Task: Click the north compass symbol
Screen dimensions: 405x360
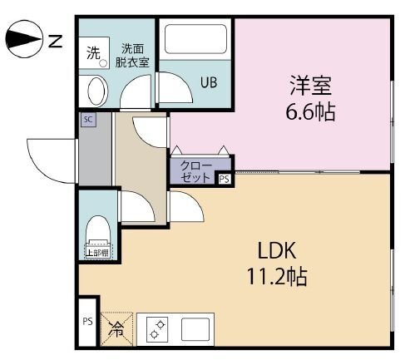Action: click(24, 39)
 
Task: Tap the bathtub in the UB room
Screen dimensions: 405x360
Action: click(195, 39)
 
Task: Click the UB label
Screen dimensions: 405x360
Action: click(209, 82)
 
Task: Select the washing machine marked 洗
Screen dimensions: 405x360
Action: click(94, 53)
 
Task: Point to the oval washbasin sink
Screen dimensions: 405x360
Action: click(97, 91)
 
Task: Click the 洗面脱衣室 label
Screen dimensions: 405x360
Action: click(132, 56)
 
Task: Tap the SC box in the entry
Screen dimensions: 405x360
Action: click(88, 120)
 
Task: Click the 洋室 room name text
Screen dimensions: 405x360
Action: click(311, 86)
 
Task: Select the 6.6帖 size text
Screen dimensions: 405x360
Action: click(310, 112)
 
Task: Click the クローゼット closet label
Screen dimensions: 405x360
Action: click(195, 171)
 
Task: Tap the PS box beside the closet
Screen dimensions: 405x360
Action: click(225, 180)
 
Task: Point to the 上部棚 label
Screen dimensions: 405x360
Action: click(98, 253)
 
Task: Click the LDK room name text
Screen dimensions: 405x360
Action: click(277, 250)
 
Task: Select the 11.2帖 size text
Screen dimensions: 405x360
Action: click(277, 277)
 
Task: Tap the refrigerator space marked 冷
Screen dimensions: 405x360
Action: click(116, 329)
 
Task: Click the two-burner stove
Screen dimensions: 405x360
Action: click(157, 329)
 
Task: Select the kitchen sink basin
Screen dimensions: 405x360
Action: click(195, 329)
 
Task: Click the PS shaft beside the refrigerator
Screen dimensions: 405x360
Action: click(87, 322)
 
